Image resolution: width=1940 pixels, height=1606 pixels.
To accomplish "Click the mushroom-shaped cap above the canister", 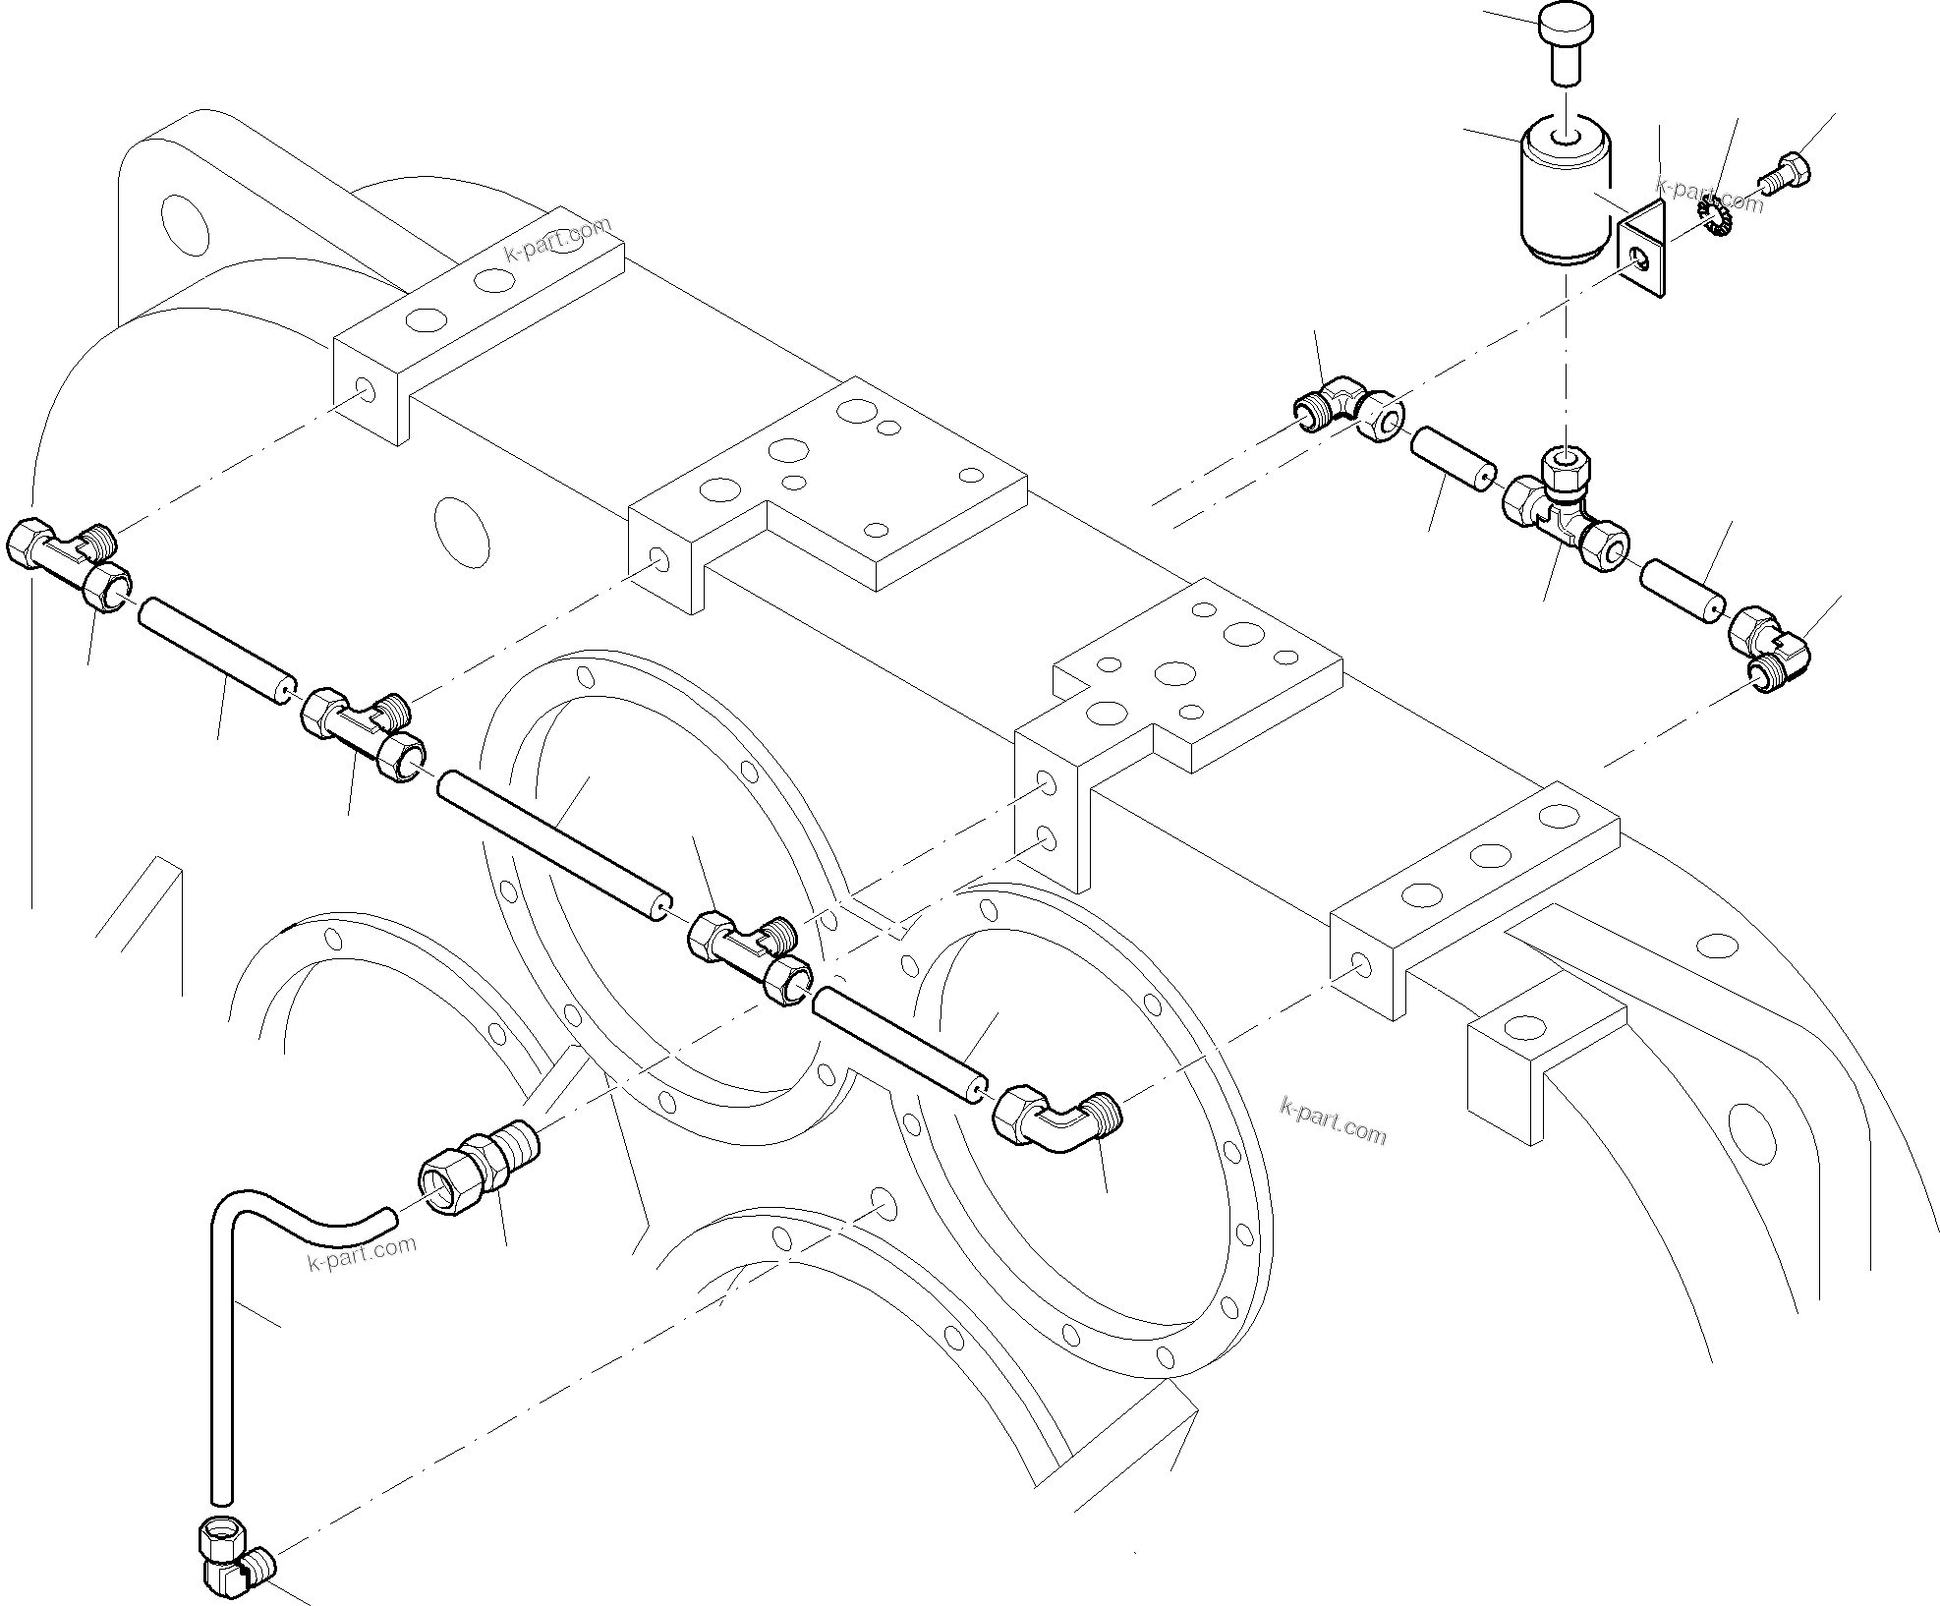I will pyautogui.click(x=1564, y=41).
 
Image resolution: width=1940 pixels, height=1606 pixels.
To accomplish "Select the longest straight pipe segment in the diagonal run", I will pyautogui.click(x=554, y=845).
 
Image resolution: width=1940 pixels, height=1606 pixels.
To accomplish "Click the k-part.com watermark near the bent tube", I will pyautogui.click(x=362, y=1253).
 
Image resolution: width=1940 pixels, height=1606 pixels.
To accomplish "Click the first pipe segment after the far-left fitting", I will pyautogui.click(x=217, y=649).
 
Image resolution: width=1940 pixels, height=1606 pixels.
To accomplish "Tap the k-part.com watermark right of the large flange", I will pyautogui.click(x=1334, y=1120).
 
